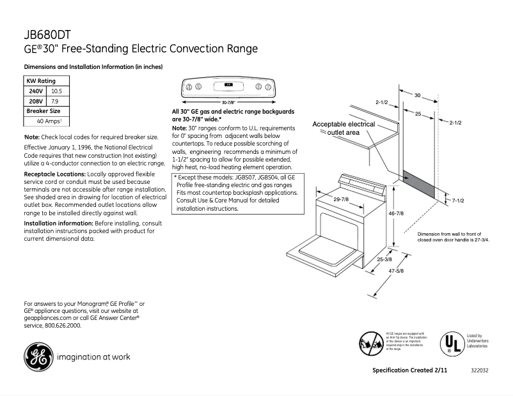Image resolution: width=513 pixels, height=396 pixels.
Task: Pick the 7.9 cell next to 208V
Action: point(55,101)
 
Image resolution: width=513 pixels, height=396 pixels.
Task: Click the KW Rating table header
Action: point(41,81)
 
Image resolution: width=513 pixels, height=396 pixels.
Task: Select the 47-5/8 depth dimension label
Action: point(396,271)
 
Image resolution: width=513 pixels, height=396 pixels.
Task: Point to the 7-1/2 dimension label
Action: point(457,201)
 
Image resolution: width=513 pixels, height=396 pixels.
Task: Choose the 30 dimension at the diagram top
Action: point(417,95)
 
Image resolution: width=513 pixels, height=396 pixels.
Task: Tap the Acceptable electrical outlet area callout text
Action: point(343,128)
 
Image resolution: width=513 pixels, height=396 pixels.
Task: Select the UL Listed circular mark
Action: point(452,344)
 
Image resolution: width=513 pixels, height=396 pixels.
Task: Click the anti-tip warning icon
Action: point(371,343)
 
